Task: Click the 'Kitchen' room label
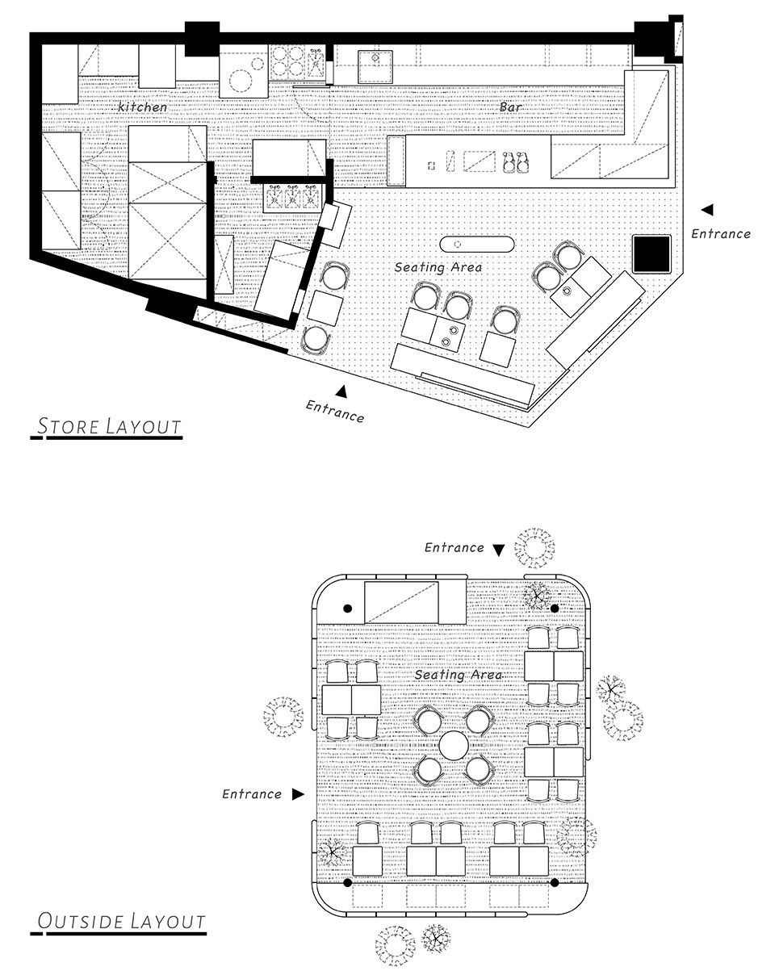coord(142,107)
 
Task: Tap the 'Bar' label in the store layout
coord(511,107)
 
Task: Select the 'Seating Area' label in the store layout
coord(438,267)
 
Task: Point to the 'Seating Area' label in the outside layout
coord(459,675)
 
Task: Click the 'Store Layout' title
coord(109,426)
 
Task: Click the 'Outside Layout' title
coord(121,922)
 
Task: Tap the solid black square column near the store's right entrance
coord(651,253)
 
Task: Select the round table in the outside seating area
coord(453,745)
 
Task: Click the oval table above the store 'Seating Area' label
coord(477,245)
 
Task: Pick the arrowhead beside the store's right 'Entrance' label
coord(707,210)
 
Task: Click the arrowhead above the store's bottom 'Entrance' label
coord(341,391)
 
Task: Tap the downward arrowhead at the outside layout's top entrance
coord(499,550)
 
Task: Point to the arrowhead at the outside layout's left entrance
coord(298,794)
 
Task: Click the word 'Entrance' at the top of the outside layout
coord(454,547)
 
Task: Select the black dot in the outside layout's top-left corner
coord(347,609)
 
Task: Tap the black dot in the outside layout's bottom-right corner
coord(555,882)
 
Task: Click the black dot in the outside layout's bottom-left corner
coord(347,882)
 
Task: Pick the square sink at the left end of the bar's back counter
coord(375,67)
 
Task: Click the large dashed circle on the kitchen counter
coord(241,81)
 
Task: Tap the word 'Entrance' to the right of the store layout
coord(721,234)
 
